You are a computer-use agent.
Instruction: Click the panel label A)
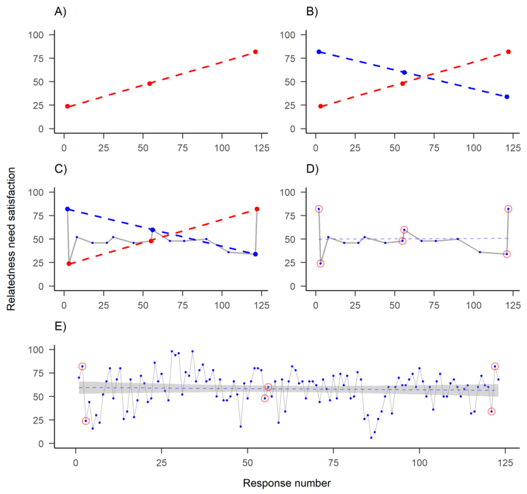(60, 12)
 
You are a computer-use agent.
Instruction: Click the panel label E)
(60, 326)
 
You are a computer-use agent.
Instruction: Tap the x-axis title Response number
(287, 483)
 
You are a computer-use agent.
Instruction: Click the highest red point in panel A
(255, 52)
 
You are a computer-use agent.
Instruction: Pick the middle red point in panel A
(149, 83)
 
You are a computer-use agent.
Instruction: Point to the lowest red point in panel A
(67, 106)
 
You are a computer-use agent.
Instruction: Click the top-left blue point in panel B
(319, 52)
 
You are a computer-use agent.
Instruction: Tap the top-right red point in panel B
(508, 52)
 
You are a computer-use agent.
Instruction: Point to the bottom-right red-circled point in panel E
(492, 412)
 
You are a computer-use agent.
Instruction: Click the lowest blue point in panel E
(371, 438)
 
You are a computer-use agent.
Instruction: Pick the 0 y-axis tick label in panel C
(41, 286)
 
